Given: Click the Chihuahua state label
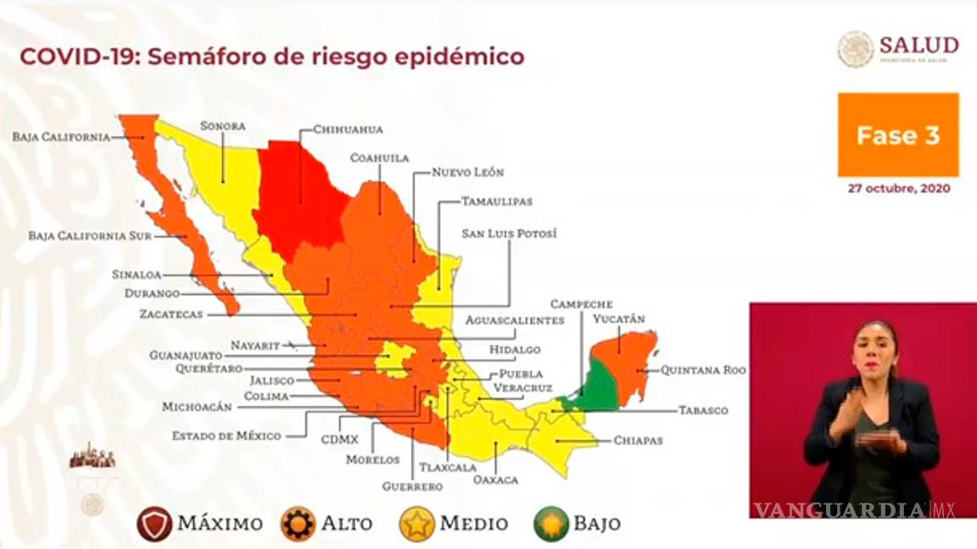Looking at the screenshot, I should [348, 130].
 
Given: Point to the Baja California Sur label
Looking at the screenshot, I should [90, 236].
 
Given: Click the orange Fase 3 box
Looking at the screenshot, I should [898, 136].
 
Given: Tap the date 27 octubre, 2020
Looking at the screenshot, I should [899, 189].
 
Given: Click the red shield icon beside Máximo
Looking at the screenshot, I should [154, 524].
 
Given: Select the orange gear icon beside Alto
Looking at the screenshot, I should [299, 524].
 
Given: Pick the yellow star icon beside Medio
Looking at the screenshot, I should [417, 524].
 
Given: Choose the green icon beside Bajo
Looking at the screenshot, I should [550, 524].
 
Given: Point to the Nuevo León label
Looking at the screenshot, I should [467, 172].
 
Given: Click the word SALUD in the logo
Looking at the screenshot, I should [918, 45].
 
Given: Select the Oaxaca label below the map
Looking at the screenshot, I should [496, 480].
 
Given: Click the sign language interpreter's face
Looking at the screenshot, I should [875, 349].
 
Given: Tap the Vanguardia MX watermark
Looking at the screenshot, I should [854, 510].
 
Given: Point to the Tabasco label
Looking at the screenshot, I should [703, 410].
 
